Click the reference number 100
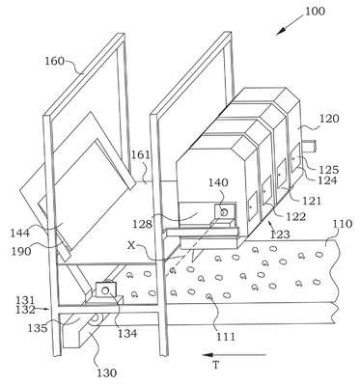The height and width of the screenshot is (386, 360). coord(315,12)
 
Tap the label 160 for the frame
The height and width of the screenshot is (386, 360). coord(55,61)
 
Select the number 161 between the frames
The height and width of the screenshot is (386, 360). coord(140,155)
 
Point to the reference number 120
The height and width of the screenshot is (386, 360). coord(329,119)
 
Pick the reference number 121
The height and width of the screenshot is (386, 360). coord(312,201)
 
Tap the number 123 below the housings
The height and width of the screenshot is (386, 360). coord(280,234)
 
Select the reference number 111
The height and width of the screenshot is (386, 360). coord(226,337)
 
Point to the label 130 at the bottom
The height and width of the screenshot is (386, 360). coord(107,373)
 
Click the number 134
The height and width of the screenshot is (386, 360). coord(126,333)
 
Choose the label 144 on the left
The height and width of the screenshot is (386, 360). coord(20,233)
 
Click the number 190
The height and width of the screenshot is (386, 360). coord(21,251)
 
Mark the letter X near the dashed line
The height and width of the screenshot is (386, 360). coord(130,246)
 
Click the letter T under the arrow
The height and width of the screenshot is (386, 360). coord(216,366)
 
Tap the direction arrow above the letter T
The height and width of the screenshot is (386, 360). coord(235,355)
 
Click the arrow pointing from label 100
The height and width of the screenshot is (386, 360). coord(290,24)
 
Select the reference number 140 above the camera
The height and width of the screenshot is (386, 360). coord(218,182)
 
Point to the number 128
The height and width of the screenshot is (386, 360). coord(142,224)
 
